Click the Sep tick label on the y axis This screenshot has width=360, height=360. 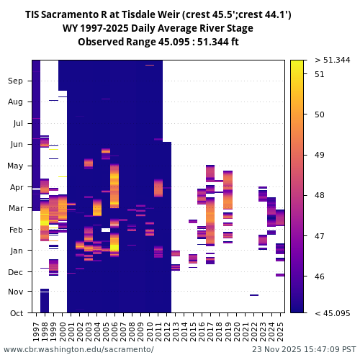coord(16,81)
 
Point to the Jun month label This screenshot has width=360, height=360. coord(16,145)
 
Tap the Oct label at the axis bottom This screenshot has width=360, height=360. coord(16,312)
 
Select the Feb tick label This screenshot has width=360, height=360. coord(16,229)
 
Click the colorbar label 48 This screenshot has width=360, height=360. coord(319,195)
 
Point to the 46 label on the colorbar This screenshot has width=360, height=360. coord(319,276)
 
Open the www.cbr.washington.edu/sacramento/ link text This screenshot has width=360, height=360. coord(78,349)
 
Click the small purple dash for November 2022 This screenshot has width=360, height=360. coord(254,295)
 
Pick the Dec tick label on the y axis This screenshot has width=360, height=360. coord(16,271)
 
